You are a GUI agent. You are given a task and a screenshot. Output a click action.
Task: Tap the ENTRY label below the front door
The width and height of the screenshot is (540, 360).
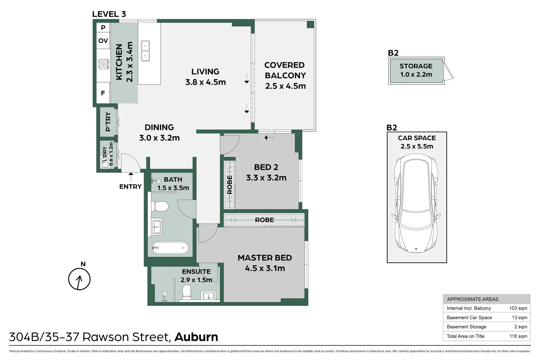[x=130, y=187]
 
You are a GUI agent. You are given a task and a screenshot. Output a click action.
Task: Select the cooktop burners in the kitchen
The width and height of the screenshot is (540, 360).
[x=104, y=64]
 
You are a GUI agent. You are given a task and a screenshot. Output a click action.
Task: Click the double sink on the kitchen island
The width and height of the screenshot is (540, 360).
[x=145, y=51]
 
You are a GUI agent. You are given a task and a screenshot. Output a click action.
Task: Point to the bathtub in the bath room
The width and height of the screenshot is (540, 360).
[x=170, y=248]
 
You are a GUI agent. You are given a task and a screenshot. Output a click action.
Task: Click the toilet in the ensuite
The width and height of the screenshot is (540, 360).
[x=187, y=292]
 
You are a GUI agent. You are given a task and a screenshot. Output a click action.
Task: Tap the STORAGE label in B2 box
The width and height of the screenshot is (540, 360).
[x=416, y=66]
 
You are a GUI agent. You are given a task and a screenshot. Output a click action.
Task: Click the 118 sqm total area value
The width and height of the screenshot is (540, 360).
[x=518, y=336]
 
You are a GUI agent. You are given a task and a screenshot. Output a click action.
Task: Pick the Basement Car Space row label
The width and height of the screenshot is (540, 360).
[x=469, y=318]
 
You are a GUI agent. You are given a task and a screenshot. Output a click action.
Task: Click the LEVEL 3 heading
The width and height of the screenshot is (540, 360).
[x=109, y=14]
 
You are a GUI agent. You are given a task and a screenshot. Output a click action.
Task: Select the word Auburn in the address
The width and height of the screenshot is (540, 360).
[x=196, y=337]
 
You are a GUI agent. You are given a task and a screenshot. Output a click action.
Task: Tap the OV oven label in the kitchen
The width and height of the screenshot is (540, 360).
[x=103, y=41]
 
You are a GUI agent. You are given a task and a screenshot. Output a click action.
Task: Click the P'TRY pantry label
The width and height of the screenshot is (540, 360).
[x=108, y=122]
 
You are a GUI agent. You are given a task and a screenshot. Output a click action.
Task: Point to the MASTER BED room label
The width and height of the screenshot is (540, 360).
[x=264, y=258]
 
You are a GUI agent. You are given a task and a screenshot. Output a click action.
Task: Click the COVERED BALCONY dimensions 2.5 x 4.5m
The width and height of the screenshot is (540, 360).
[x=285, y=86]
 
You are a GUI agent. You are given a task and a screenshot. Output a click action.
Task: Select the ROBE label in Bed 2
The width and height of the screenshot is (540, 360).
[x=229, y=185]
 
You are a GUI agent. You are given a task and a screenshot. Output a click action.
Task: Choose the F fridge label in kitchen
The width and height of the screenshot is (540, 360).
[x=103, y=93]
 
